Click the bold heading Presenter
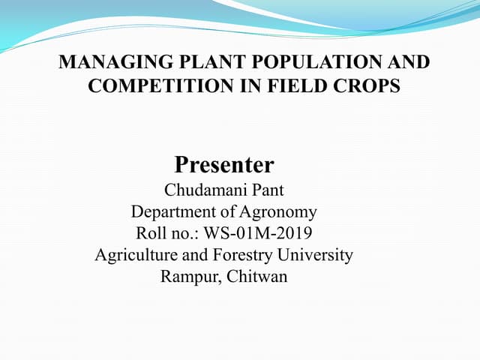tap(224, 163)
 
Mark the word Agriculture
tap(137, 255)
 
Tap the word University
tap(318, 255)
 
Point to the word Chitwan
tap(256, 277)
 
